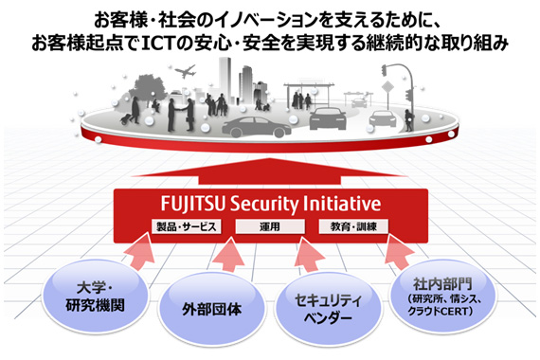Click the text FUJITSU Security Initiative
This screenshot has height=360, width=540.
267,205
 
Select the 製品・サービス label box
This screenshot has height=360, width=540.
186,228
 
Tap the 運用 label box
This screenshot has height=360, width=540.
269,228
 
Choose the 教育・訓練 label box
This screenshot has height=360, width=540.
351,228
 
